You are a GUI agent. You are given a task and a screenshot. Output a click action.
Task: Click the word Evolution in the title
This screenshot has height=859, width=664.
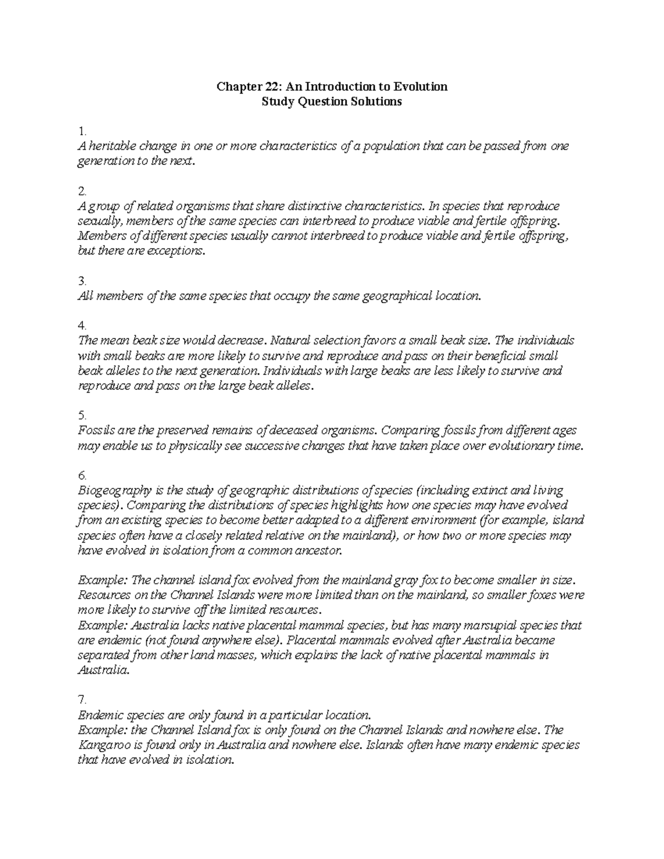pos(420,86)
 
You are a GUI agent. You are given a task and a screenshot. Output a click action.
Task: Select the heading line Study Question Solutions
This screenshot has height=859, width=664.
pos(331,102)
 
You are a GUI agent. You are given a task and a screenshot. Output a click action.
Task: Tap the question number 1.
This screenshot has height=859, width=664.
pos(82,132)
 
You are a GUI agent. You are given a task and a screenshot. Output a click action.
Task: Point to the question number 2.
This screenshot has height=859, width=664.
pos(82,191)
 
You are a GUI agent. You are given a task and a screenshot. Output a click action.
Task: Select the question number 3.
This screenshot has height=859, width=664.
pos(82,281)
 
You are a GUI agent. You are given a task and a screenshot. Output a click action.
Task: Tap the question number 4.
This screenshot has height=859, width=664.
pos(82,326)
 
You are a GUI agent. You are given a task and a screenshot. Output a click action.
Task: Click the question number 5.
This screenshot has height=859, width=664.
pos(82,415)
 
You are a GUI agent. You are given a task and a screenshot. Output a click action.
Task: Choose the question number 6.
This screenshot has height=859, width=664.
pos(82,475)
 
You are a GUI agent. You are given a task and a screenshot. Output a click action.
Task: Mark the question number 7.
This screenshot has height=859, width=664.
pos(82,700)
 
